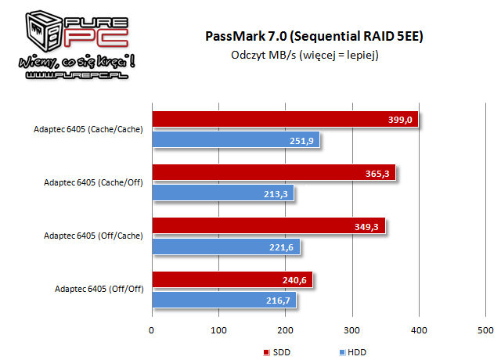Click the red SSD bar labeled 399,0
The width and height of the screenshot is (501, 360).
(x=286, y=119)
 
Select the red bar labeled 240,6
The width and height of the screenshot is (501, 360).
(x=232, y=279)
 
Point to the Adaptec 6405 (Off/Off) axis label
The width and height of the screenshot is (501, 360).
(x=99, y=289)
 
